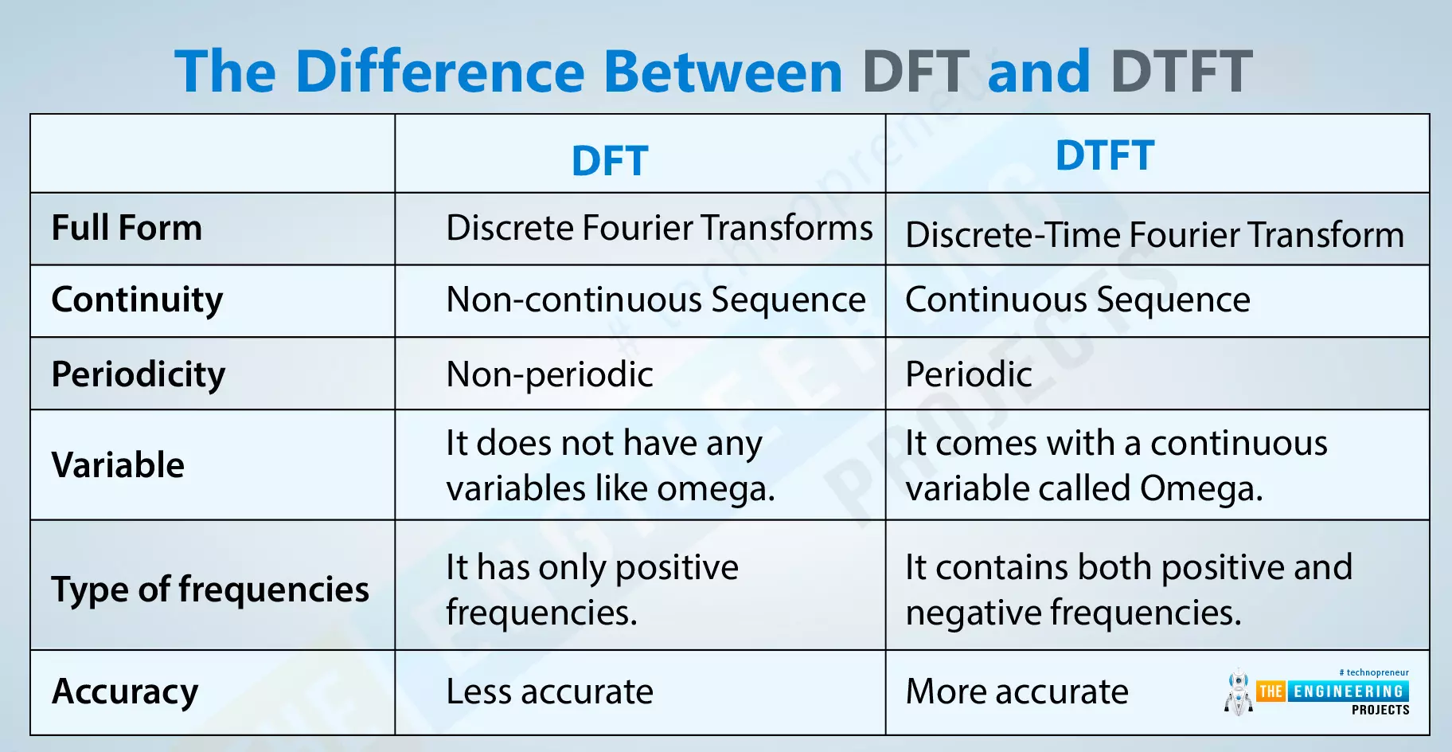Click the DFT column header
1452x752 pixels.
pyautogui.click(x=610, y=161)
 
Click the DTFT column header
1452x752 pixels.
pyautogui.click(x=1104, y=155)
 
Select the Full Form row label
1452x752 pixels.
pyautogui.click(x=127, y=228)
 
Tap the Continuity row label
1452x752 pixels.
pyautogui.click(x=137, y=300)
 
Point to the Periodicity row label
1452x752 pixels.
pyautogui.click(x=138, y=374)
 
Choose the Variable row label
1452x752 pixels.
pyautogui.click(x=118, y=465)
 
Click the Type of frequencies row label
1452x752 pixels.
pyautogui.click(x=210, y=589)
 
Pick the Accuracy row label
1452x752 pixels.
pyautogui.click(x=125, y=691)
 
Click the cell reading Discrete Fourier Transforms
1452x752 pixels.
pyautogui.click(x=659, y=228)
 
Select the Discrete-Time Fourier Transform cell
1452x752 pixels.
pyautogui.click(x=1154, y=235)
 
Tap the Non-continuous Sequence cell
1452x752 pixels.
pyautogui.click(x=655, y=300)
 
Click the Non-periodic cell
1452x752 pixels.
pyautogui.click(x=549, y=374)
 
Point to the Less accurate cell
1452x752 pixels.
pyautogui.click(x=549, y=691)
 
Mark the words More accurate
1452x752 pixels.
pyautogui.click(x=1017, y=691)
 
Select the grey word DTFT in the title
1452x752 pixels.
pyautogui.click(x=1181, y=72)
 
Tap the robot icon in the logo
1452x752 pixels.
pyautogui.click(x=1238, y=691)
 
